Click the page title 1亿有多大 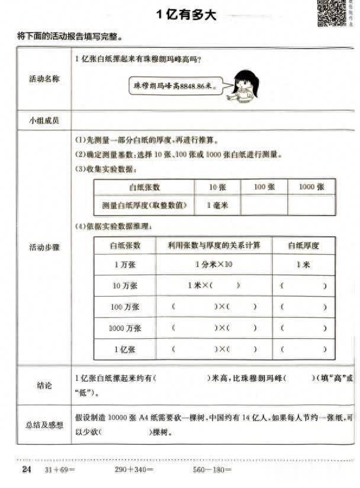186,15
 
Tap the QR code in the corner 332,12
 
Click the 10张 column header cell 217,187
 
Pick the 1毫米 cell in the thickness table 217,205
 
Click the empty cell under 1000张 311,205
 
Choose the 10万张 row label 125,285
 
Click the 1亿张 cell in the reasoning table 125,349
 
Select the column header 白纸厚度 303,245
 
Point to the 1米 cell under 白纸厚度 303,265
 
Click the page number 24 26,470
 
